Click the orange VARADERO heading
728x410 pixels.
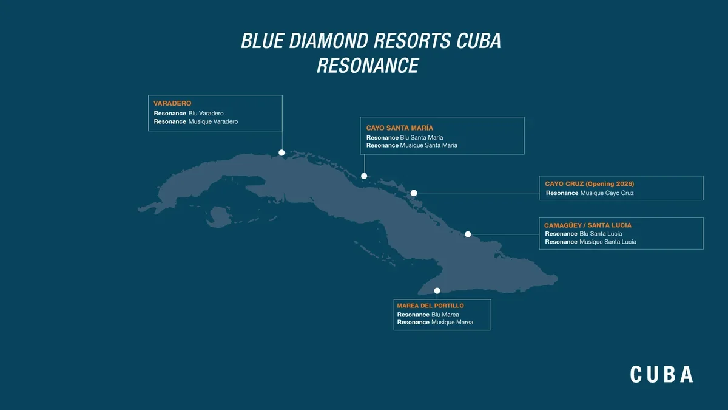pyautogui.click(x=172, y=104)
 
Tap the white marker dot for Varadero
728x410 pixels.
pyautogui.click(x=281, y=153)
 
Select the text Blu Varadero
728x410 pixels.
pyautogui.click(x=206, y=114)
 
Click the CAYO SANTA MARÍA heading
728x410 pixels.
pyautogui.click(x=400, y=128)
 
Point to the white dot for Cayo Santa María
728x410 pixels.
pyautogui.click(x=364, y=176)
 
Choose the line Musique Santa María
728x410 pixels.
pyautogui.click(x=428, y=146)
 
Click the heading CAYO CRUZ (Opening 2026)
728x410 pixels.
pyautogui.click(x=590, y=183)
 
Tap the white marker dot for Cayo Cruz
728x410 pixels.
pyautogui.click(x=414, y=193)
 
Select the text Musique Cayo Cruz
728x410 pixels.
pyautogui.click(x=607, y=193)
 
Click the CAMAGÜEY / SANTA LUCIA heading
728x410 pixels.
pyautogui.click(x=588, y=225)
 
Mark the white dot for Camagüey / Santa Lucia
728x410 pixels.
pyautogui.click(x=468, y=234)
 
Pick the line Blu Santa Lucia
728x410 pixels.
pyautogui.click(x=601, y=234)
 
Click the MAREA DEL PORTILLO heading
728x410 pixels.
pyautogui.click(x=430, y=306)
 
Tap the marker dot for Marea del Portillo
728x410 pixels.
pyautogui.click(x=437, y=291)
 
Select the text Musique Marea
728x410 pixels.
pyautogui.click(x=452, y=323)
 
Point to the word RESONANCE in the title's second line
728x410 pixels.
pyautogui.click(x=368, y=65)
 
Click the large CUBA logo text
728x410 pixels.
pyautogui.click(x=661, y=374)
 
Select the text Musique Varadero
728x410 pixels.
pyautogui.click(x=213, y=121)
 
